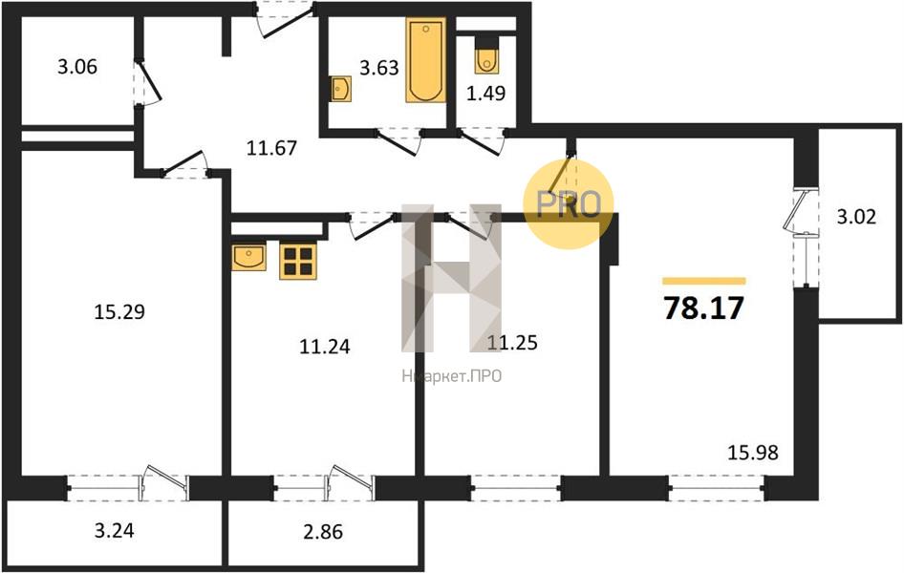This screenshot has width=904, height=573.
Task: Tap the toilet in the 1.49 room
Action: pyautogui.click(x=485, y=57)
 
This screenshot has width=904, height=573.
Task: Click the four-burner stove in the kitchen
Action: pyautogui.click(x=296, y=261)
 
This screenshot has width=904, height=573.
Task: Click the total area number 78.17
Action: pyautogui.click(x=703, y=309)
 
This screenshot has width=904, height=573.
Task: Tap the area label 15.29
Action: pyautogui.click(x=119, y=311)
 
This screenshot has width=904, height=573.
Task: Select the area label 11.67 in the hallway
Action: pyautogui.click(x=272, y=148)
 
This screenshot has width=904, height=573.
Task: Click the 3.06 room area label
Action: pyautogui.click(x=77, y=67)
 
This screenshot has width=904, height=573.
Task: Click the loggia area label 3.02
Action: pyautogui.click(x=856, y=216)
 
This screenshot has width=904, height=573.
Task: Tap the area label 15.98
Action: pyautogui.click(x=753, y=453)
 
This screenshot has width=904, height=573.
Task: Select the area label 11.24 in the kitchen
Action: pyautogui.click(x=325, y=347)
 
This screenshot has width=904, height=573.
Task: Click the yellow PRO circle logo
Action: pyautogui.click(x=569, y=203)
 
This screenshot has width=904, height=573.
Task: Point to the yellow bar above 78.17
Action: pyautogui.click(x=703, y=281)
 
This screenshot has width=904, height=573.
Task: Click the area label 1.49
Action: pyautogui.click(x=485, y=94)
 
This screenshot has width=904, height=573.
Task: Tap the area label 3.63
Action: pyautogui.click(x=378, y=68)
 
